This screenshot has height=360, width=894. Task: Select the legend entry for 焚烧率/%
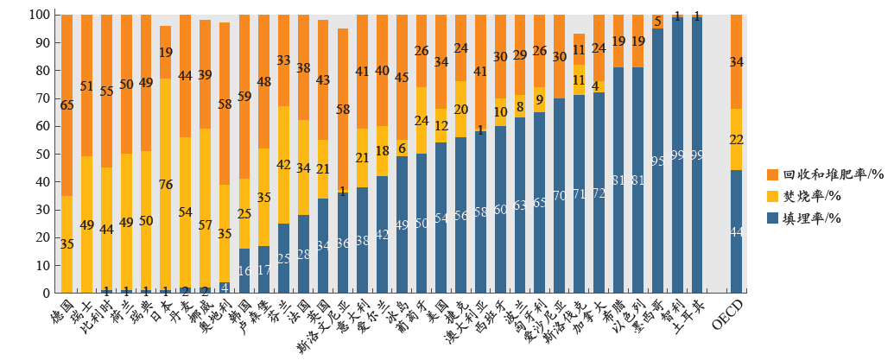tap(807, 197)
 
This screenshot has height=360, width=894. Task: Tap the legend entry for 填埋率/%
tap(807, 219)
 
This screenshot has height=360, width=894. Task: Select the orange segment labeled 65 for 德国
tap(67, 105)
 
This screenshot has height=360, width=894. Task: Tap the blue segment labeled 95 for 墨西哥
tap(657, 161)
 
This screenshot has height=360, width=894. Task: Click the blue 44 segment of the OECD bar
tap(736, 231)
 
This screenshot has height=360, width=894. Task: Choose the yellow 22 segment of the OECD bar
tap(736, 140)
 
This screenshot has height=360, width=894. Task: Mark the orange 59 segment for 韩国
tap(244, 97)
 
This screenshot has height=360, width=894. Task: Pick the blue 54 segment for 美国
tap(441, 218)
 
